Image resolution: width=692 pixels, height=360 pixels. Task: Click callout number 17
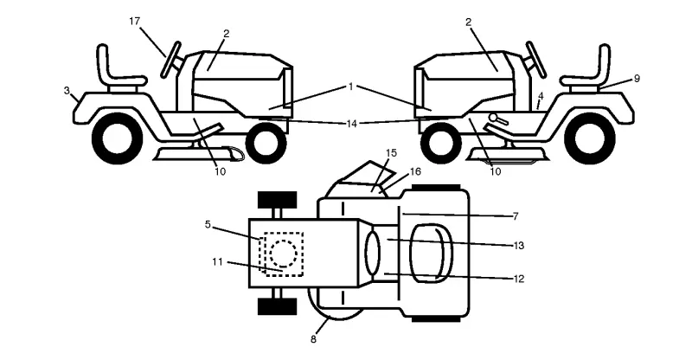click(x=135, y=21)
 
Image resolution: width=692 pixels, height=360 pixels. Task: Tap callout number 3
click(x=67, y=91)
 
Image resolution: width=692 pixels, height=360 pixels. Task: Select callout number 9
click(x=637, y=79)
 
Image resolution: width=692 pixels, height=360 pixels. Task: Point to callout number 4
click(x=541, y=96)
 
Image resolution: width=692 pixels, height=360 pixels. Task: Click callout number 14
click(x=351, y=124)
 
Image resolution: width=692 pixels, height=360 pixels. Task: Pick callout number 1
click(x=351, y=87)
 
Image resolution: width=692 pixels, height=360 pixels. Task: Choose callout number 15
click(x=392, y=153)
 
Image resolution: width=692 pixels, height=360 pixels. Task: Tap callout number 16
click(x=415, y=171)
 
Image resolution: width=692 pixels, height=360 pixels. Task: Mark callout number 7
click(x=516, y=216)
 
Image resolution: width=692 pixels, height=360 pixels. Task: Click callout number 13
click(x=518, y=245)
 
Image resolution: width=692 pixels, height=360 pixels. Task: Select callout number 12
click(x=518, y=279)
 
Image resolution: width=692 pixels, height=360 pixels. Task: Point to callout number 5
click(x=208, y=224)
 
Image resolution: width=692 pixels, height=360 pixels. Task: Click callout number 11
click(x=218, y=262)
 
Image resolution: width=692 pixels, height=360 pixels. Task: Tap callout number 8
click(x=313, y=340)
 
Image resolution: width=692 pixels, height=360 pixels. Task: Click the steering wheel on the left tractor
click(x=170, y=60)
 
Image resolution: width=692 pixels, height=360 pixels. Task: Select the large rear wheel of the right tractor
click(x=589, y=138)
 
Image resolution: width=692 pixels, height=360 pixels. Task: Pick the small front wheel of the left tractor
click(x=266, y=142)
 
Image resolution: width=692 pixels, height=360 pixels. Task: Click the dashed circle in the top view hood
click(x=283, y=254)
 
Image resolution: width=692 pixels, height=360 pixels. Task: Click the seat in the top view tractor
click(x=431, y=254)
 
